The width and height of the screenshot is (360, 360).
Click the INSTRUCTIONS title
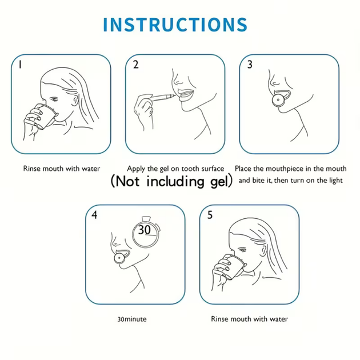(x=175, y=25)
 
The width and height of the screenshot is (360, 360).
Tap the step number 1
(x=20, y=65)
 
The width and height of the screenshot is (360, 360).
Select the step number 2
(x=135, y=65)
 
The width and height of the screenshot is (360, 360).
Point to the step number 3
(x=250, y=65)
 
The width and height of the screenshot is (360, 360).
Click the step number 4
(x=94, y=215)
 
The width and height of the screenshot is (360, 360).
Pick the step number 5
(x=210, y=215)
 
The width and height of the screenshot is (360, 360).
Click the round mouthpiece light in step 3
(x=278, y=100)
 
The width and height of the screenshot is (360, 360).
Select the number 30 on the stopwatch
(x=145, y=230)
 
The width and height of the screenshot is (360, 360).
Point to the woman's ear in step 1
(x=75, y=101)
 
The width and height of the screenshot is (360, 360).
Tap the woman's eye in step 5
(x=243, y=250)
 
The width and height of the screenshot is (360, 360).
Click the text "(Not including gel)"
(x=171, y=181)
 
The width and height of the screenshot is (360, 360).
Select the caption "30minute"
(x=132, y=319)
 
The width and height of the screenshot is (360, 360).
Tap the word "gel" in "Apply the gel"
(x=164, y=169)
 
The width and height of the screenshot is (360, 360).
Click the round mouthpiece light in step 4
(x=119, y=258)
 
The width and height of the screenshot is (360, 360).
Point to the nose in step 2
(x=177, y=81)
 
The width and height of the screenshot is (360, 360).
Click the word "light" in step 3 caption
(x=336, y=181)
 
